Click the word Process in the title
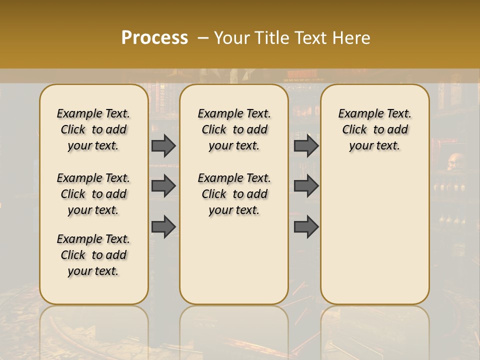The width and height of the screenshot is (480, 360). (x=154, y=38)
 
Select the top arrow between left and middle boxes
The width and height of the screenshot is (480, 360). (x=163, y=145)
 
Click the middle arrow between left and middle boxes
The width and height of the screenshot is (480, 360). (x=163, y=186)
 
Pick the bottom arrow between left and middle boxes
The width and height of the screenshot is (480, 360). (x=163, y=226)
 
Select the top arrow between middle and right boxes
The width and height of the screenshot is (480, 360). (x=306, y=145)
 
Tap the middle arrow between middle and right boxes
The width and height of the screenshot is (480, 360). (x=306, y=186)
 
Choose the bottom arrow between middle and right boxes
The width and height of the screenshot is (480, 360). (x=306, y=226)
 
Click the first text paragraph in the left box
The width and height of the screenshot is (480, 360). (x=93, y=129)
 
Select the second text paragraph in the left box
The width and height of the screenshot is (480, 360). (x=93, y=194)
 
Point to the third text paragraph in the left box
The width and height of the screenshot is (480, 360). (x=93, y=255)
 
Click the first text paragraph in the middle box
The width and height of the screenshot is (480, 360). (x=234, y=129)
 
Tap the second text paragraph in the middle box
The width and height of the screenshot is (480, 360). (x=234, y=194)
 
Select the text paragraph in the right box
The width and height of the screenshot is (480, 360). (x=374, y=129)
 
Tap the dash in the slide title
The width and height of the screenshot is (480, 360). (x=203, y=38)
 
